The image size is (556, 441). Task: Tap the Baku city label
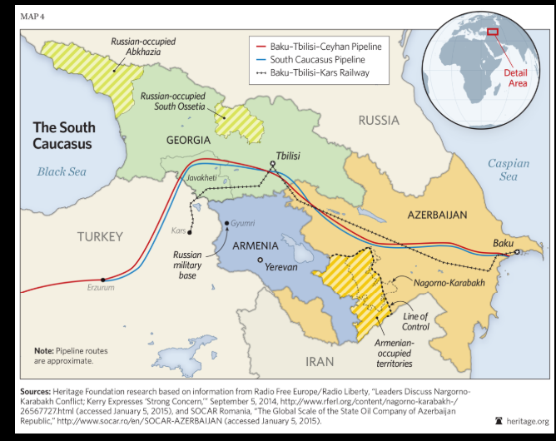click(503, 242)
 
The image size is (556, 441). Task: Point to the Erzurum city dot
click(102, 280)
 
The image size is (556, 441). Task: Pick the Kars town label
click(177, 230)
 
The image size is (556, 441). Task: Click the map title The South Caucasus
click(63, 135)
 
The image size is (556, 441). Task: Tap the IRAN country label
click(320, 361)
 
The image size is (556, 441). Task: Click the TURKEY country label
click(100, 236)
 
